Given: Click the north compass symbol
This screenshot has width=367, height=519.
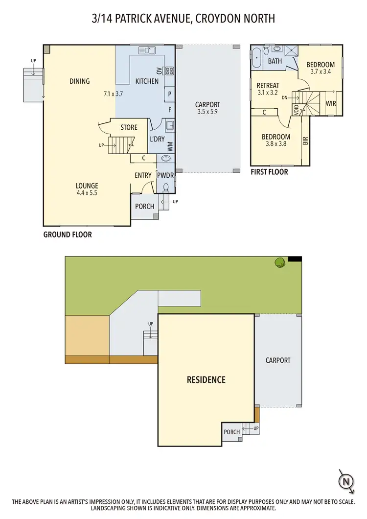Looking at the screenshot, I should [346, 480].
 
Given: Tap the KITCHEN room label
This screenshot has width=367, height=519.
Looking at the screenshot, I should [147, 81].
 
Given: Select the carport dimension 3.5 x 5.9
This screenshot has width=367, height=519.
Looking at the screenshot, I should [207, 112].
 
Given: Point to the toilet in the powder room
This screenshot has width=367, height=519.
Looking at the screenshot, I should [166, 187].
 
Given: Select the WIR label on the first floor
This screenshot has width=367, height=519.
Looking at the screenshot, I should [331, 104].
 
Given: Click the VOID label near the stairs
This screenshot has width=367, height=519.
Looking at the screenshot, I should [296, 109].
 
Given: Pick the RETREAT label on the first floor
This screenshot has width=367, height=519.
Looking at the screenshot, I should [268, 86].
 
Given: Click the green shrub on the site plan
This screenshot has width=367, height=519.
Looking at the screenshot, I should [280, 262].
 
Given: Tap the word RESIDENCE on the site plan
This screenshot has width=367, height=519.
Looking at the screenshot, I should [206, 379].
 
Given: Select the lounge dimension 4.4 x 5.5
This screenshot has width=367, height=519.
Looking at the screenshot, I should [87, 193].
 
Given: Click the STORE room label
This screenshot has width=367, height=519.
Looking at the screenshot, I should [129, 128].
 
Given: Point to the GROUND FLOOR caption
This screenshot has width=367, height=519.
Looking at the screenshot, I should [68, 235].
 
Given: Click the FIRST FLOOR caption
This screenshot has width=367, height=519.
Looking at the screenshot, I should [269, 172].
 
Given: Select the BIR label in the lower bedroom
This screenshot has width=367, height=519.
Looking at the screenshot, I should [305, 141].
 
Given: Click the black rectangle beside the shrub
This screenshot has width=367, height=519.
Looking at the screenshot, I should [295, 259].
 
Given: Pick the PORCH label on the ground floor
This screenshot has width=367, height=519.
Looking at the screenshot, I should [144, 206].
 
